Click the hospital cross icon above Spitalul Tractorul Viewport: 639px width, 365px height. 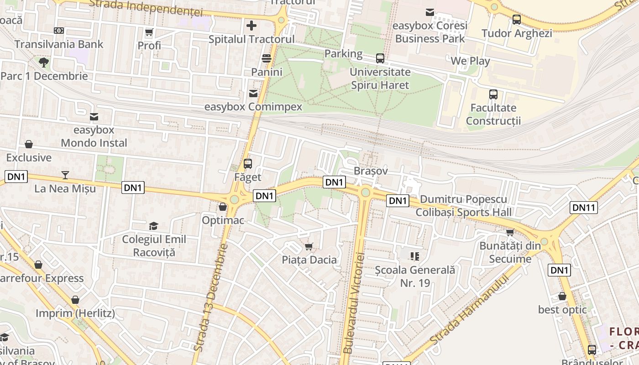(251, 26)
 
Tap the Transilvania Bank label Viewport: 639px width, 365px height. (59, 44)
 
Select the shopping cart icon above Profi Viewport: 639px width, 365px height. (149, 32)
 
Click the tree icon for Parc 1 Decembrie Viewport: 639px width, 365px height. (44, 62)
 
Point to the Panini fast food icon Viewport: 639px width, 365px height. (267, 58)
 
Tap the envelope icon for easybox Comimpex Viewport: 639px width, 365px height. (253, 94)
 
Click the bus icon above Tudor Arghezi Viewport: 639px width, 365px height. (516, 20)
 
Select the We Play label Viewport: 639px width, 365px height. (470, 61)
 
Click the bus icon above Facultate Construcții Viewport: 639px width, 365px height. (493, 94)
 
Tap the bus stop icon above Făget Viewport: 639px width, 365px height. (248, 164)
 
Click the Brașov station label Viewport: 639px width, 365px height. (371, 171)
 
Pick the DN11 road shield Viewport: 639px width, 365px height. (584, 208)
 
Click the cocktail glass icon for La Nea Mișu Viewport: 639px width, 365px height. (65, 175)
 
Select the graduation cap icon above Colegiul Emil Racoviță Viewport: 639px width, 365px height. (153, 226)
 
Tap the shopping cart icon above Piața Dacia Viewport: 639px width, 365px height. (309, 247)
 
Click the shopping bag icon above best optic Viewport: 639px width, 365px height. (562, 296)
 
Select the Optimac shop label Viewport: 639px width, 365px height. (223, 220)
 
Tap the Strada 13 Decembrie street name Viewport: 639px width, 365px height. (210, 297)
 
